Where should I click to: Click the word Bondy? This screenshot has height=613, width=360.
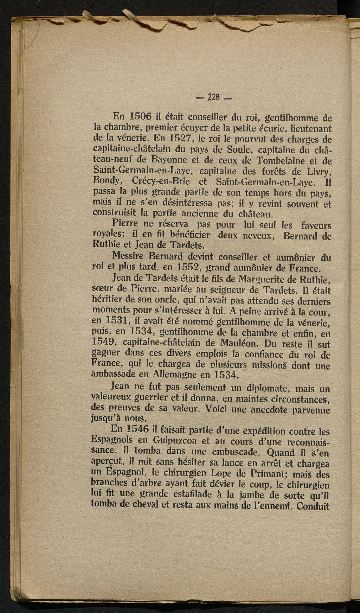[x=108, y=183]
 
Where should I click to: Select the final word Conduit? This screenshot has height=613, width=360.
[x=313, y=506]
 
